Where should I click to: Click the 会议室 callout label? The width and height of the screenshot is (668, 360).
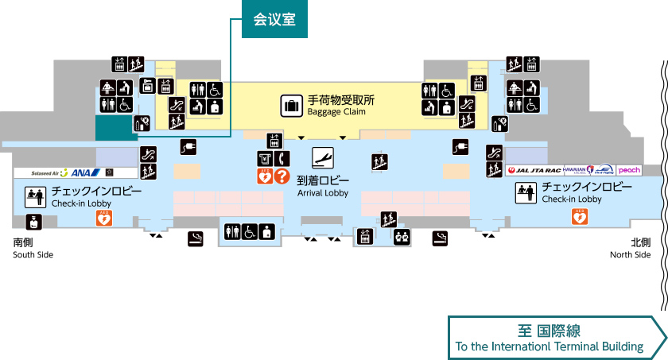[274, 20]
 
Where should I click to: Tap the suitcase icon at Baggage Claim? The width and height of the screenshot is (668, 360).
[291, 105]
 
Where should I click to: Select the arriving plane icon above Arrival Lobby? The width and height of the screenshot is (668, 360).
[322, 156]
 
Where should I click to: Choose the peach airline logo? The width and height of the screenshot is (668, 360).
[629, 170]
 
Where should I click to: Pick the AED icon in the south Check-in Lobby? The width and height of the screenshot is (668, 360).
[103, 219]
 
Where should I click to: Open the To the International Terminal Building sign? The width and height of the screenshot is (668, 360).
[557, 338]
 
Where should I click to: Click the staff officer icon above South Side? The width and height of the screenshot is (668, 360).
[34, 222]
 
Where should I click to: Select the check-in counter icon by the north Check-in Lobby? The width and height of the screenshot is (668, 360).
[524, 192]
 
